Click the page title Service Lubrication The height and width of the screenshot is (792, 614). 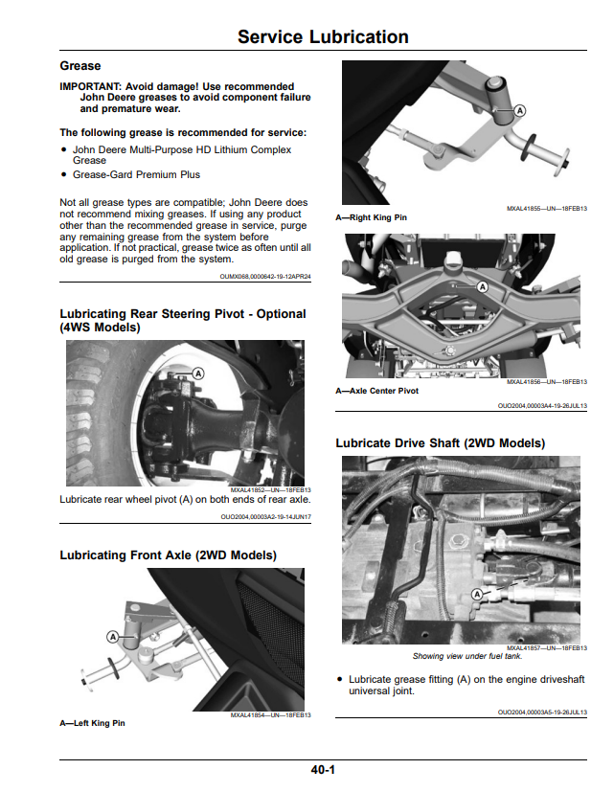tap(323, 37)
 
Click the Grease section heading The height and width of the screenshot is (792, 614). tap(80, 66)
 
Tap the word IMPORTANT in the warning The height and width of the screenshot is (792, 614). tap(90, 86)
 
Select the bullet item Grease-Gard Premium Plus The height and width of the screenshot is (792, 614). tap(136, 174)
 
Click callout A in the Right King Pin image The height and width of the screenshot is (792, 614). tap(519, 111)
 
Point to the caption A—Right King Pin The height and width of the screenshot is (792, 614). tap(371, 217)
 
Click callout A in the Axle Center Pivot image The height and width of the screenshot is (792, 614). tap(483, 287)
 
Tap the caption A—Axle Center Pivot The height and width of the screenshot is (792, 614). tap(377, 391)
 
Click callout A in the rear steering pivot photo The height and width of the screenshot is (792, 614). tap(198, 373)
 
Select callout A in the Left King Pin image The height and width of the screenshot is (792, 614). tap(113, 637)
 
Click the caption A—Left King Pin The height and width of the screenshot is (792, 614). tap(93, 723)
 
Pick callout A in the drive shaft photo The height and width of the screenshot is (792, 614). tap(477, 595)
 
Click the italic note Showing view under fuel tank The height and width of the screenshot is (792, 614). tap(467, 656)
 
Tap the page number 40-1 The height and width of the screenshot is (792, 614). tap(323, 770)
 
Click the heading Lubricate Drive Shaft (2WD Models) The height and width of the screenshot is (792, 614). tap(441, 443)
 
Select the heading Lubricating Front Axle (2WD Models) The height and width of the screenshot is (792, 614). tap(169, 555)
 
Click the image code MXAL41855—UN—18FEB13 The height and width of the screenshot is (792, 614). tap(547, 209)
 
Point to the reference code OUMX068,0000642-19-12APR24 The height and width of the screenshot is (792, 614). tap(265, 277)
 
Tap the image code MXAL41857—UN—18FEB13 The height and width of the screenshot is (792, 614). tap(547, 648)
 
